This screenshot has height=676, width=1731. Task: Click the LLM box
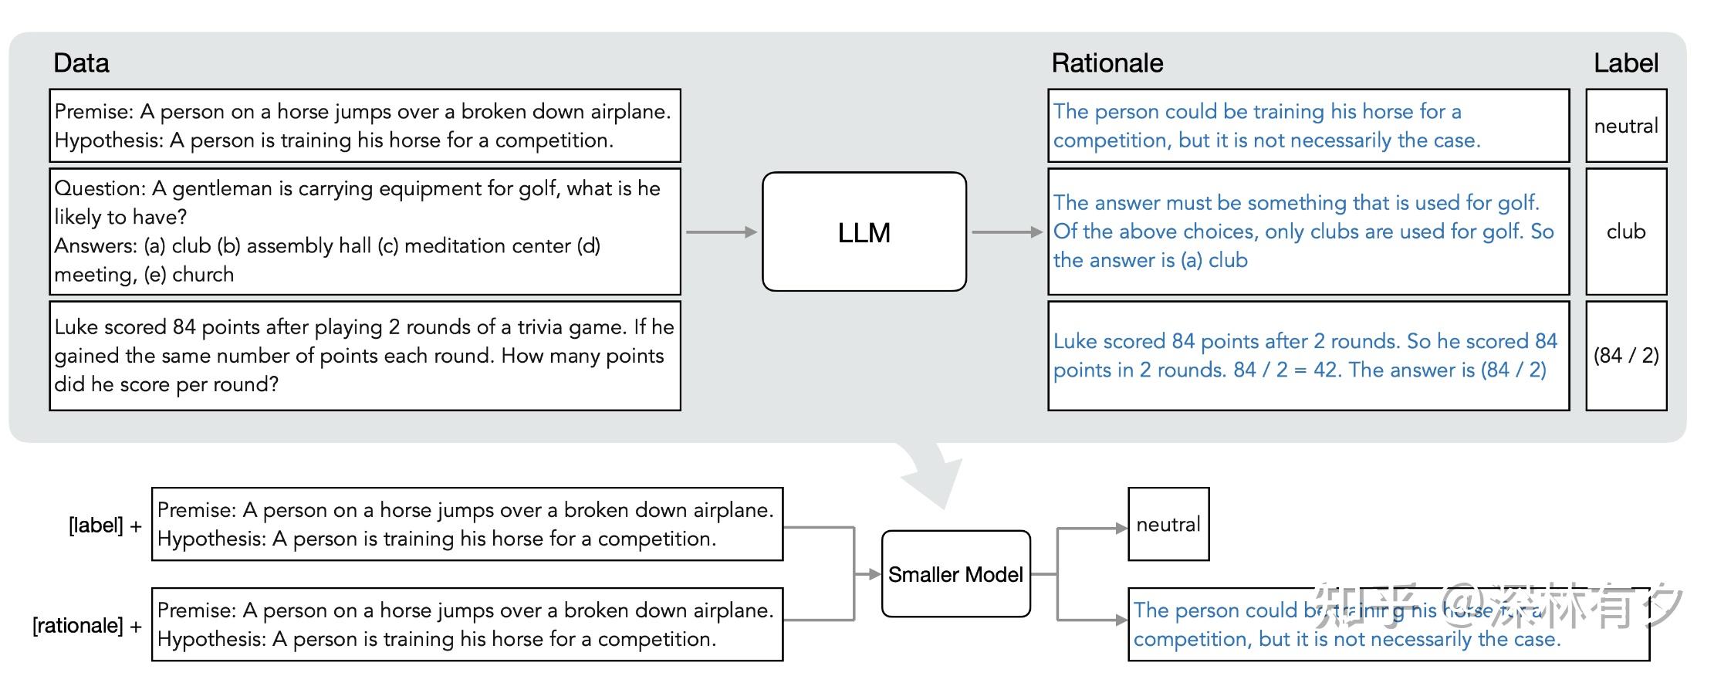click(x=864, y=232)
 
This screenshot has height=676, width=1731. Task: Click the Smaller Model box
click(x=955, y=574)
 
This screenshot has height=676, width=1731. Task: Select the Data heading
click(x=81, y=63)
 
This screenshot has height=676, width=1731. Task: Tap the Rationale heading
click(x=1107, y=63)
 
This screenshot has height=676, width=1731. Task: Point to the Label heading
click(x=1625, y=63)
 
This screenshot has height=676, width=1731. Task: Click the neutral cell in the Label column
click(x=1625, y=126)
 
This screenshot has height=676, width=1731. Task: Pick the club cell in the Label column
click(x=1625, y=232)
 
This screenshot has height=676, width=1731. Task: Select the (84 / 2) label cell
click(x=1625, y=355)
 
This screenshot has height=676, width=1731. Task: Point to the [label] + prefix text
click(x=105, y=526)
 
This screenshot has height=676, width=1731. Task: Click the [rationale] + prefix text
click(x=86, y=625)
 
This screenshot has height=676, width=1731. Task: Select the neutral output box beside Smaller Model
click(x=1168, y=525)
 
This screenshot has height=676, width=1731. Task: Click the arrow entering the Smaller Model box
click(x=868, y=574)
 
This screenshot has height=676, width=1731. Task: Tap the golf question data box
click(x=364, y=232)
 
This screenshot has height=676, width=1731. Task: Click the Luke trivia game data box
click(x=364, y=355)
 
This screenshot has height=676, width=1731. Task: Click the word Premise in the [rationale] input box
click(x=196, y=610)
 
